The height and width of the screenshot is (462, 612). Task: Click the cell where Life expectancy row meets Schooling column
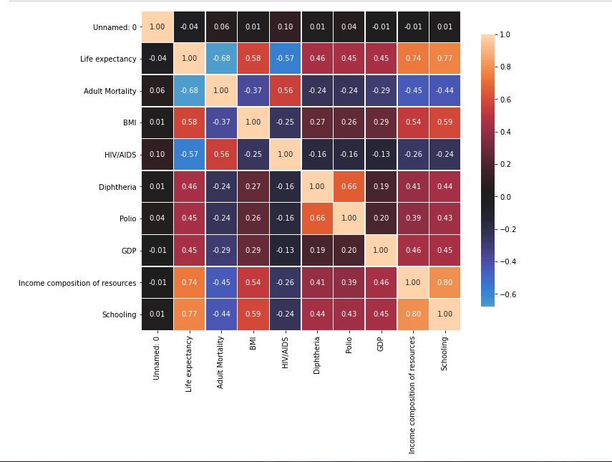click(x=445, y=59)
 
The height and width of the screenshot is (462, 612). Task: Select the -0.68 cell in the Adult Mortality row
click(x=189, y=91)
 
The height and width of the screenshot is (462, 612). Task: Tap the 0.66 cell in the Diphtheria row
click(x=349, y=187)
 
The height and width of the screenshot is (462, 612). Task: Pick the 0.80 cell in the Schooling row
click(x=412, y=314)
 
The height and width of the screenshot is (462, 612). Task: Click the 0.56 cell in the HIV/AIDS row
click(x=221, y=155)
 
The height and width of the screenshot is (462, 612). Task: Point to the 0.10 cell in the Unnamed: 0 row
click(x=285, y=27)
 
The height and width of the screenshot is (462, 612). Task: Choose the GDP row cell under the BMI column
click(x=253, y=251)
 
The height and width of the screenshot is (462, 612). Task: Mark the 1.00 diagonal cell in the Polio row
click(x=349, y=218)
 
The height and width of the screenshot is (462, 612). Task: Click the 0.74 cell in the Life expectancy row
click(x=412, y=59)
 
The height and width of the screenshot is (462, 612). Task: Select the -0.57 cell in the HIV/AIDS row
click(x=189, y=155)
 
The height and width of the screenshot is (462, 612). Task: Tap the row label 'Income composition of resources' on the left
click(x=77, y=283)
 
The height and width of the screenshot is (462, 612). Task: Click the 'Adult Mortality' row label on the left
click(x=109, y=91)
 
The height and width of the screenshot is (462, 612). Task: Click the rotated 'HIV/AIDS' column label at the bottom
click(x=285, y=352)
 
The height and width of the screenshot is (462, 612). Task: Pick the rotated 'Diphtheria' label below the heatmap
click(x=317, y=355)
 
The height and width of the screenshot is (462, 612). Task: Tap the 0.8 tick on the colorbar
click(x=506, y=67)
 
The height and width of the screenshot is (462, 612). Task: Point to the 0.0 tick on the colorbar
click(x=506, y=197)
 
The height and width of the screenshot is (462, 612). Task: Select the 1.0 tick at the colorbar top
click(x=506, y=34)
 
